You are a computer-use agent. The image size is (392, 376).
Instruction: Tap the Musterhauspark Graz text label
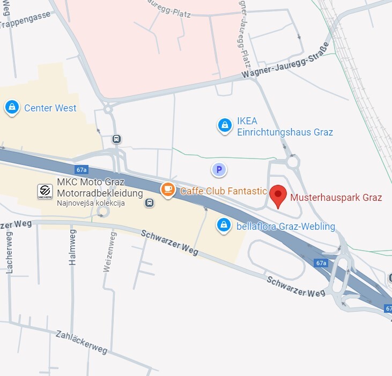coord(336,198)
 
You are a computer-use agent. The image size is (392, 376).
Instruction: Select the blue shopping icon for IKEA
coord(224,125)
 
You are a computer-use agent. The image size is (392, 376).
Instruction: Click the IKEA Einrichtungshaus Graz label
coord(285,126)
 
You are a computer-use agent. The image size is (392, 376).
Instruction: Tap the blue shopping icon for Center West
coord(11,108)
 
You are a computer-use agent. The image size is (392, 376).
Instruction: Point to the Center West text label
coord(50,108)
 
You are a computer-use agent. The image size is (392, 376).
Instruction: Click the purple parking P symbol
coord(218,170)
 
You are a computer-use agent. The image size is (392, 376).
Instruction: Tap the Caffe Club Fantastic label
coord(223,191)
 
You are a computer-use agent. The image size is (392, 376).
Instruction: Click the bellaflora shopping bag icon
coord(223,225)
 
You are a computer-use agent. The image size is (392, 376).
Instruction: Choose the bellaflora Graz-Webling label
coord(286,227)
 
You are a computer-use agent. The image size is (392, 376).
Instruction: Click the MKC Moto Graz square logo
coord(45,191)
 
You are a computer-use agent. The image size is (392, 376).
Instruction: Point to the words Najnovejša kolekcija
coord(91,204)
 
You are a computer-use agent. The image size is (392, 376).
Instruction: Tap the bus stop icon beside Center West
coord(116,139)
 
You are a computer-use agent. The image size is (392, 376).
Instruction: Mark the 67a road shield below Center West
coord(82,170)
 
